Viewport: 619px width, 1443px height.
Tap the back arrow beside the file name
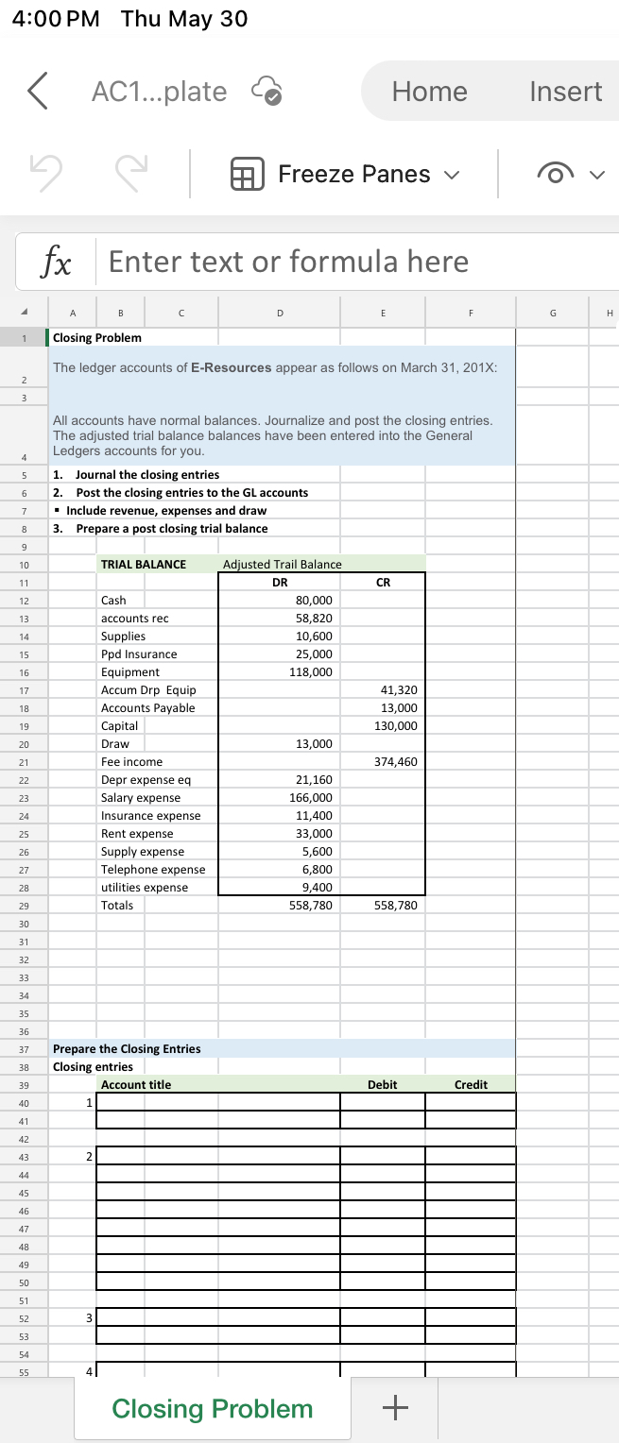tap(37, 92)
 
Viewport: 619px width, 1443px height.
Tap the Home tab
tap(429, 92)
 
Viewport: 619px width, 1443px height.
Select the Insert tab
tap(565, 92)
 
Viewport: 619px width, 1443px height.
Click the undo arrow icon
tap(43, 175)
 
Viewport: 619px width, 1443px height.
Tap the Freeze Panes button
tap(343, 175)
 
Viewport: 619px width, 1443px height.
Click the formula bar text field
tap(359, 262)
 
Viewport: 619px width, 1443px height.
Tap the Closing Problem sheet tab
tap(212, 1408)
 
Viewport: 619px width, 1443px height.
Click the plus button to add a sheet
tap(395, 1408)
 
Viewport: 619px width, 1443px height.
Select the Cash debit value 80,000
tap(314, 601)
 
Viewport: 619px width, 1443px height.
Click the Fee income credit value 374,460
tap(396, 762)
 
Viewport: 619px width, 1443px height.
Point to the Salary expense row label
tap(141, 798)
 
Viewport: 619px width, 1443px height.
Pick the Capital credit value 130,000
tap(396, 726)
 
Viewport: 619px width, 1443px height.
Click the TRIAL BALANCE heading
tap(144, 565)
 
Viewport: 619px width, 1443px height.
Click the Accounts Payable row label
tap(148, 708)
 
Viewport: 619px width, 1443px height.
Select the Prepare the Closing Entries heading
tap(127, 1049)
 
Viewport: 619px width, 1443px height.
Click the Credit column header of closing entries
tap(471, 1085)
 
